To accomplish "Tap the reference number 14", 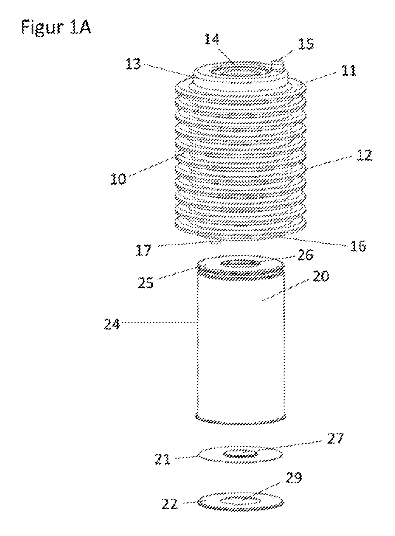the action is (212, 40).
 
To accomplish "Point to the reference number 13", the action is (133, 64).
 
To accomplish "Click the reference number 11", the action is (349, 71).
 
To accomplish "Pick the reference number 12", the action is (364, 155).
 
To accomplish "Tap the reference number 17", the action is (144, 250).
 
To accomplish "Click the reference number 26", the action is (305, 255).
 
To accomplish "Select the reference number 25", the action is (146, 283).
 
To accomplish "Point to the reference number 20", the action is (321, 276).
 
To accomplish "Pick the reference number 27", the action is (335, 438).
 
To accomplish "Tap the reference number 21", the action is (163, 459).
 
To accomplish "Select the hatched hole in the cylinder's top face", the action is (240, 264).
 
